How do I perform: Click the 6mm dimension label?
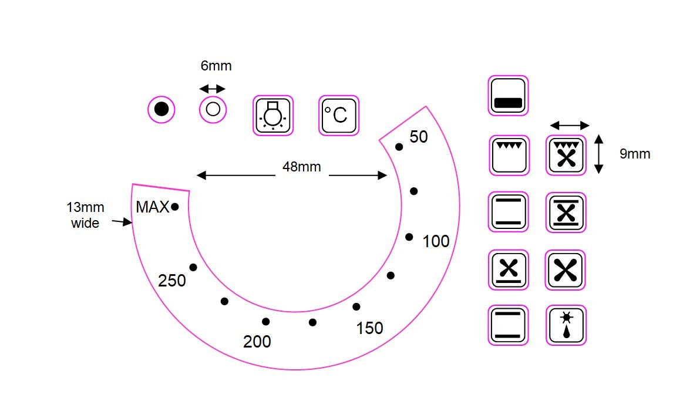(216, 66)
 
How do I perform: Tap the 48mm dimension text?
(302, 167)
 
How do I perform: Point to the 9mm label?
(635, 154)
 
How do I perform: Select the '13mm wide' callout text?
(85, 215)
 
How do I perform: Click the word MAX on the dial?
(153, 207)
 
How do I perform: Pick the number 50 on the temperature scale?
(419, 137)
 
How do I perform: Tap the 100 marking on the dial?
(436, 241)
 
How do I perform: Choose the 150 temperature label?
(369, 329)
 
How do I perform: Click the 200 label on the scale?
(257, 342)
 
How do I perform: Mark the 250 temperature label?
(172, 281)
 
